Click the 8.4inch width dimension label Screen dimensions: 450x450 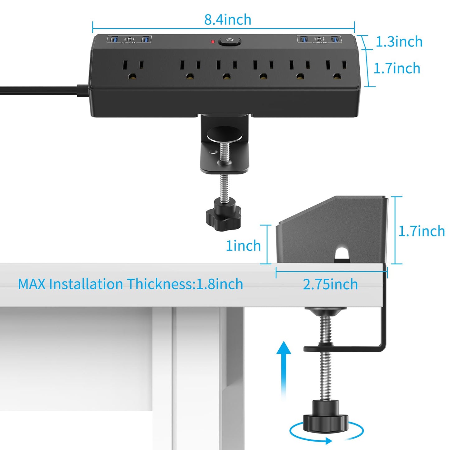228,20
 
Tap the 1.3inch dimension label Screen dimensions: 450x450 399,42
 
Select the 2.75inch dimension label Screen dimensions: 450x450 330,284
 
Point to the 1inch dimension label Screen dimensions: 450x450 243,246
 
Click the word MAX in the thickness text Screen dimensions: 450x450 31,284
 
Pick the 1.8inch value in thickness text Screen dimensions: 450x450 219,284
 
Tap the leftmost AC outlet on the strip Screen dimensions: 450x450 133,69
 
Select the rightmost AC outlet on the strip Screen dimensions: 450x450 336,69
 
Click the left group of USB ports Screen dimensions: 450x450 129,40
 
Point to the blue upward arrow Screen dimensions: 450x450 284,367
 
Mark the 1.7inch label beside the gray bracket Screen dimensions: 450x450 421,231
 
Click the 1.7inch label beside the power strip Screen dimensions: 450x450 397,68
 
